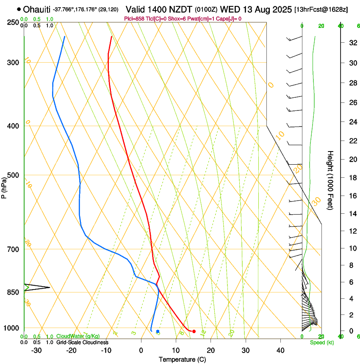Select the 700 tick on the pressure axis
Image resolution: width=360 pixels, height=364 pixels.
(x=13, y=249)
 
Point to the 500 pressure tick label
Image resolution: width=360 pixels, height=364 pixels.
(x=13, y=175)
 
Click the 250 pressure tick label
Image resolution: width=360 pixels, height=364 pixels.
(x=13, y=22)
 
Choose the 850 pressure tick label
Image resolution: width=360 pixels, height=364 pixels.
(x=13, y=292)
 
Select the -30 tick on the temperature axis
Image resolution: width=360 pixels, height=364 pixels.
(x=36, y=350)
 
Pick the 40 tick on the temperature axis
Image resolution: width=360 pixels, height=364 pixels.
(x=280, y=350)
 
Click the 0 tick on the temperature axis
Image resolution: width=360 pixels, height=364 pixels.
(x=141, y=350)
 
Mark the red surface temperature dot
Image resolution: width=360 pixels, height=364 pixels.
(x=194, y=331)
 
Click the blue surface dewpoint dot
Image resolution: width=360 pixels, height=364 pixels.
(x=158, y=331)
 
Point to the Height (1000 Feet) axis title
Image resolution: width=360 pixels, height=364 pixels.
(x=330, y=180)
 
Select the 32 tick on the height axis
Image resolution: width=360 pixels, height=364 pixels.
(x=352, y=43)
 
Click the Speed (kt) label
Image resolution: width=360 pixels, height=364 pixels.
(x=321, y=342)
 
